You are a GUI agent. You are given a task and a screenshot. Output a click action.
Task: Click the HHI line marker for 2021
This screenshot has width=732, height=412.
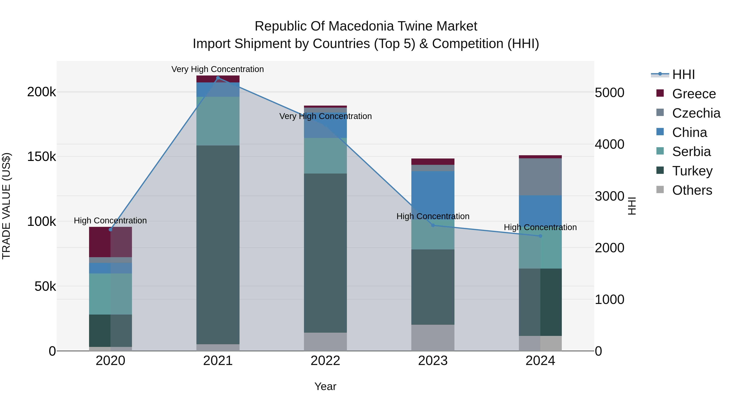218,78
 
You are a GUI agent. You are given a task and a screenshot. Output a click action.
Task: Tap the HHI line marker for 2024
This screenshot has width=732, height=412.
540,236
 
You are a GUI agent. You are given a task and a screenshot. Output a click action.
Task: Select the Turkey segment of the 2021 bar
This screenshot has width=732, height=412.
218,245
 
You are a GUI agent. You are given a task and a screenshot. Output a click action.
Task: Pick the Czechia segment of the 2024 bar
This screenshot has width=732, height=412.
540,177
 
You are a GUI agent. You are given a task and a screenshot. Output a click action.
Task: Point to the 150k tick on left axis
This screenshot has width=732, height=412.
41,157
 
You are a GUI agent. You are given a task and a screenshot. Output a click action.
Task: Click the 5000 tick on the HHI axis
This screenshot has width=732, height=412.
610,93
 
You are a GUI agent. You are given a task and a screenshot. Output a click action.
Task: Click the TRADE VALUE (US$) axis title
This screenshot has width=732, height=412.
6,206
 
